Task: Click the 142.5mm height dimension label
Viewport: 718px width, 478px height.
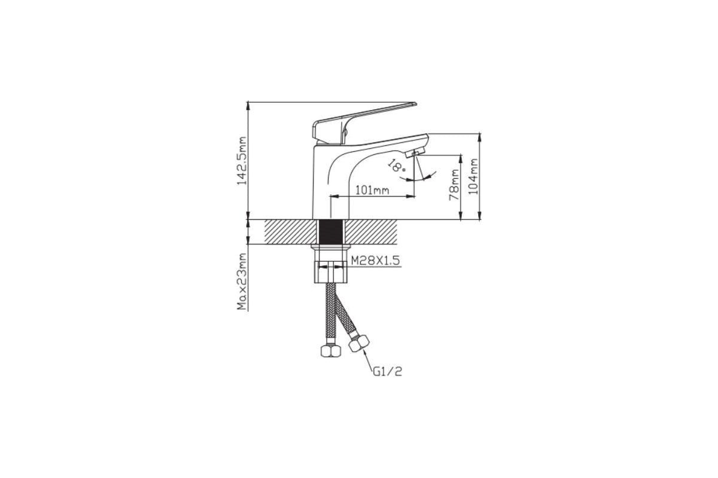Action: [242, 161]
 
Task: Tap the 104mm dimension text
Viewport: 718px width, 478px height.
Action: [473, 176]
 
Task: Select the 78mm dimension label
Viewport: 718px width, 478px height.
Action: [454, 185]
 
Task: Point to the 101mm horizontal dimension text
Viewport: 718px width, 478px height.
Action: [372, 191]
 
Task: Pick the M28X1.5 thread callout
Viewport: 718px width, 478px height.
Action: [376, 261]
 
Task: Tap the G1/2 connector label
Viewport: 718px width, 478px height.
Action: [387, 372]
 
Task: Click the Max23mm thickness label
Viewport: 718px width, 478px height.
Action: [242, 282]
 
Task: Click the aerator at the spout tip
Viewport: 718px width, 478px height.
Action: [415, 153]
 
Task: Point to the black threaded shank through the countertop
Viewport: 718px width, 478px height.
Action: [331, 231]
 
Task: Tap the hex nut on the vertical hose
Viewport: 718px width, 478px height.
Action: [331, 351]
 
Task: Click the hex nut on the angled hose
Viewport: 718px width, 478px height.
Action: [359, 344]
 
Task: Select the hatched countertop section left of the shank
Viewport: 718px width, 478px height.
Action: [290, 232]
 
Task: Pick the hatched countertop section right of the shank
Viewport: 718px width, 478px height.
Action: [372, 232]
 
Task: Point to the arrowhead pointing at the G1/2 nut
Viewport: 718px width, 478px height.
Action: [364, 354]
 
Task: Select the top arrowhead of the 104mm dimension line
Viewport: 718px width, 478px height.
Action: [479, 137]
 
